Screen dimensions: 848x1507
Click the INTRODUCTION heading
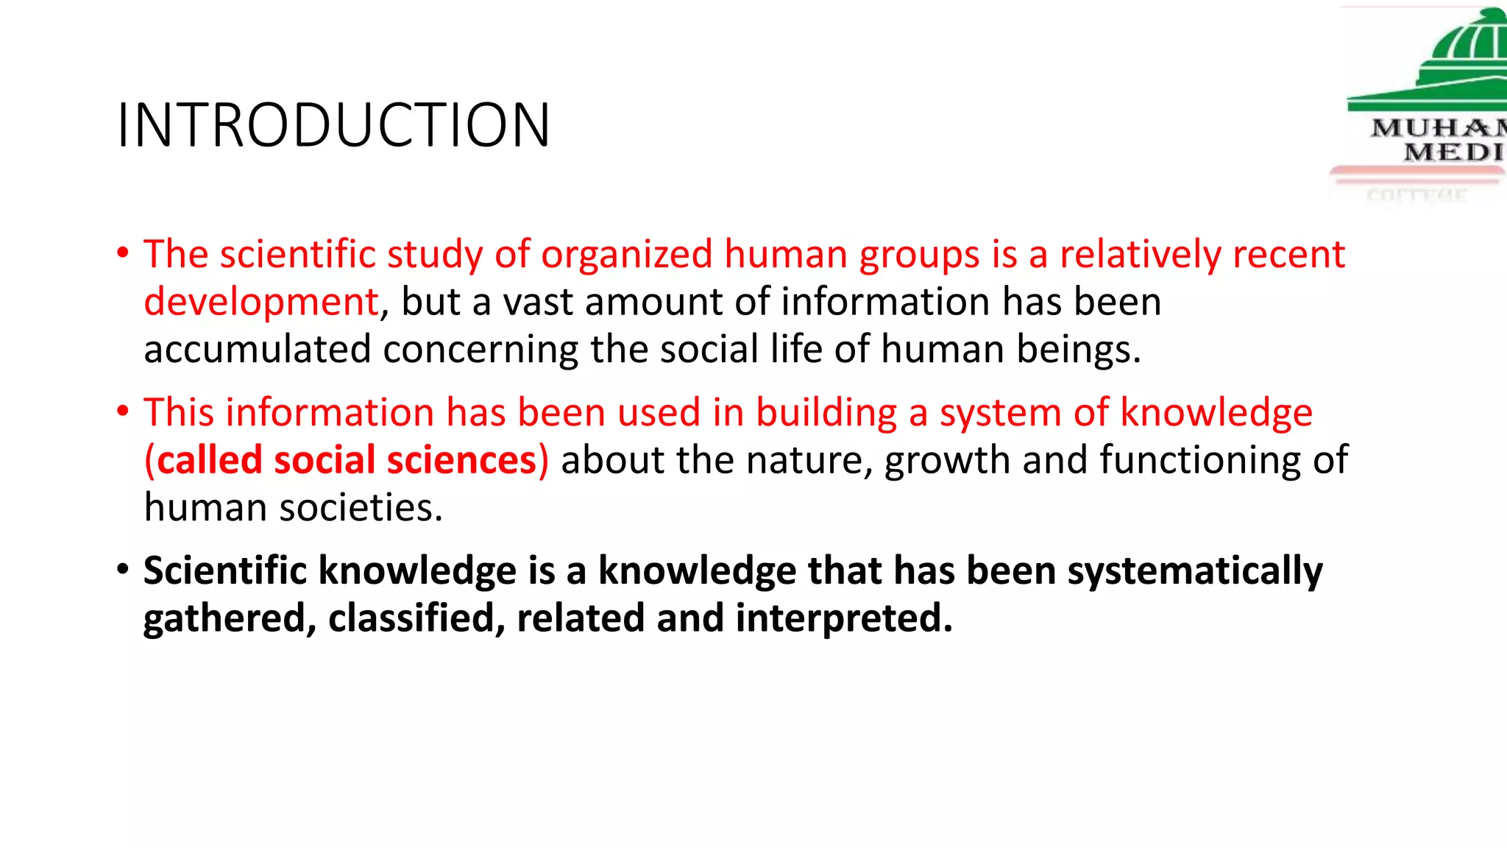point(333,125)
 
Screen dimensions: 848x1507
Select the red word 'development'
point(261,303)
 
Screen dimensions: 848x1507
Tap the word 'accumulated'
point(258,350)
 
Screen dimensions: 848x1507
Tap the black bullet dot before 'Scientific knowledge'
point(123,569)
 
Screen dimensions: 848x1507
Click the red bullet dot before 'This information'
point(123,411)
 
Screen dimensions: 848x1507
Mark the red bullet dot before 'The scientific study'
point(123,252)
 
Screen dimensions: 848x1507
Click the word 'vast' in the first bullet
point(539,303)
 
